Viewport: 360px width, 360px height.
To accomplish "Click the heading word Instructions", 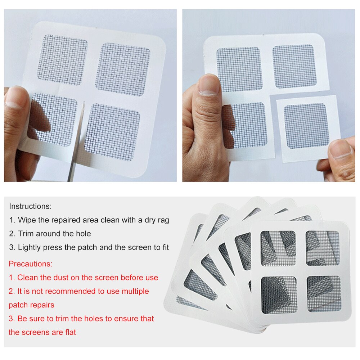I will (x=30, y=207).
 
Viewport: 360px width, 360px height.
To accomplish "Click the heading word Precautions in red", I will (x=31, y=264).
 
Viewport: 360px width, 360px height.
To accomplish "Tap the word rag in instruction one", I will (x=163, y=220).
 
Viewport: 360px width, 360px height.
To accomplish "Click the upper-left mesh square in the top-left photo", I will (x=62, y=59).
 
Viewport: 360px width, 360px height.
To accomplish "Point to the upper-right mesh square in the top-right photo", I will (x=294, y=66).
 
